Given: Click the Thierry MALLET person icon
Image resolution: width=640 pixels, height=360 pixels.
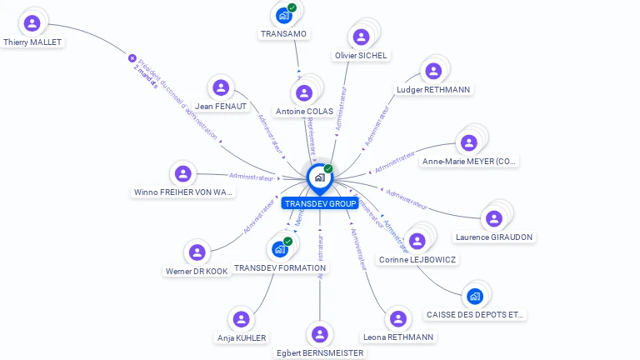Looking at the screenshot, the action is [x=32, y=22].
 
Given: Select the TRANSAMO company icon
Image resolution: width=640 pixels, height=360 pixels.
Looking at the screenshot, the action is [x=283, y=15].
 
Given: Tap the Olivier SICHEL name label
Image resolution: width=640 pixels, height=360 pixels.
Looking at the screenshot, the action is [x=362, y=55].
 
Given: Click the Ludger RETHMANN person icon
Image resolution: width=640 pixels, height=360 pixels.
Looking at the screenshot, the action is [x=432, y=71].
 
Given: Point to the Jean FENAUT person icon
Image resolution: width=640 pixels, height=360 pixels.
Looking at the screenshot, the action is [x=221, y=87].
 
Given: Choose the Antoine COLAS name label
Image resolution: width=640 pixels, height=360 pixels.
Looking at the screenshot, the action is [x=304, y=111].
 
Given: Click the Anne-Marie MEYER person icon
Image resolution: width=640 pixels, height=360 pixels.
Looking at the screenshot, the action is [x=469, y=142].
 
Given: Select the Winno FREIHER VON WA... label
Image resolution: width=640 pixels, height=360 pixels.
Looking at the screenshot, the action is [x=183, y=192].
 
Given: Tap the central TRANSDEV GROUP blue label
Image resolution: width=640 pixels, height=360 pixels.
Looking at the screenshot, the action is [x=320, y=203].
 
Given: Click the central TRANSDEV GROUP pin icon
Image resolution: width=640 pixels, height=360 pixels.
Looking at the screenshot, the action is [x=319, y=177].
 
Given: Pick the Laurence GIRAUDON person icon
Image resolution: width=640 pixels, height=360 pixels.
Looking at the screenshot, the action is [x=494, y=218].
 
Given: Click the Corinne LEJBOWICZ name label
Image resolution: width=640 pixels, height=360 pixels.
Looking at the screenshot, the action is [x=417, y=260].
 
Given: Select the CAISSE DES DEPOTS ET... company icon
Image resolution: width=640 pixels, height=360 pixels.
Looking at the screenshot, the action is [x=475, y=296].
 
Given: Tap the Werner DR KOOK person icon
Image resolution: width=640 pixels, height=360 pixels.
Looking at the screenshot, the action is [x=197, y=252].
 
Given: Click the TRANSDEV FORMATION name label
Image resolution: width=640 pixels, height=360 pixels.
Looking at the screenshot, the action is [x=281, y=268].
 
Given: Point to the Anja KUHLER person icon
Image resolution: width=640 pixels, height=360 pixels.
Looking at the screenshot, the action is [x=242, y=319].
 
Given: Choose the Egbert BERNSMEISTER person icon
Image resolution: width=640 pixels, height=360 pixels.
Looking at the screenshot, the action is [x=319, y=334].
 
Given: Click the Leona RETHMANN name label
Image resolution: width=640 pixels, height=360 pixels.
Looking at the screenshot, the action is [x=398, y=337].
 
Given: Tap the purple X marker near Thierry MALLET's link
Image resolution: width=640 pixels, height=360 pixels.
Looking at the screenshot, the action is [x=132, y=58].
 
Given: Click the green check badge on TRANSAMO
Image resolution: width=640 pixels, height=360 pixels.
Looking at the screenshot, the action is [x=292, y=7].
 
